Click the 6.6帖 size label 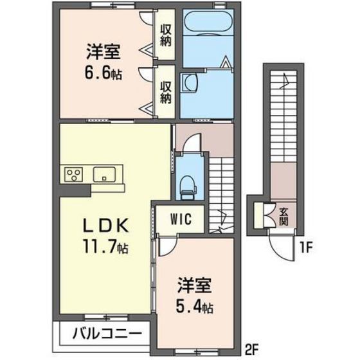[105, 73]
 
